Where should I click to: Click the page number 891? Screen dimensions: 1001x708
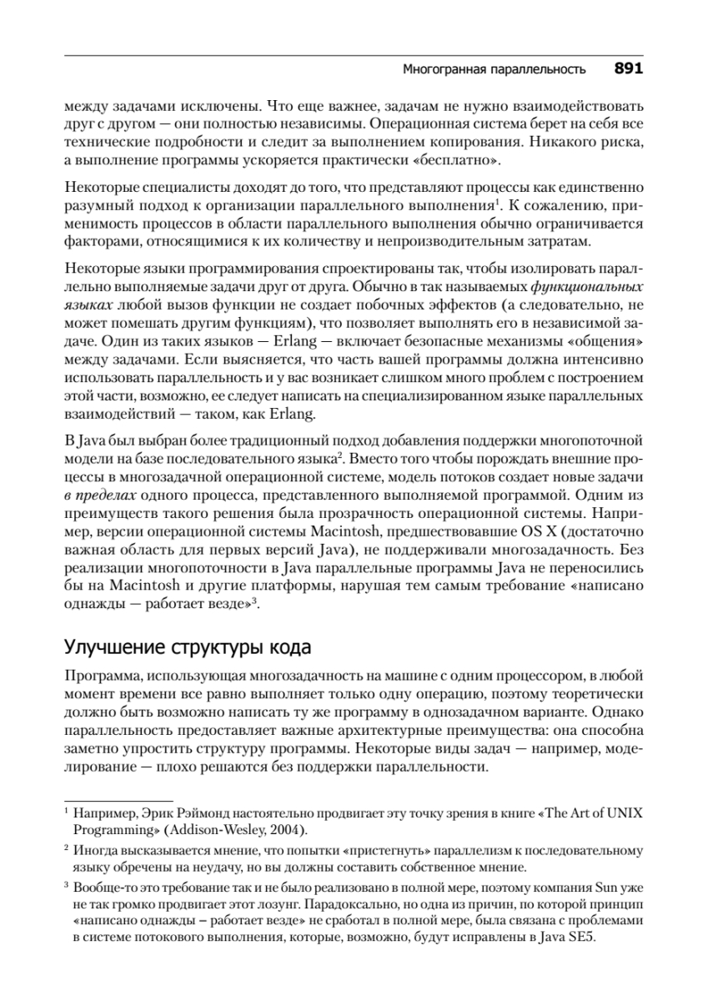[x=628, y=69]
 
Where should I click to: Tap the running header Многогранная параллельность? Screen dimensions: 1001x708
[x=494, y=70]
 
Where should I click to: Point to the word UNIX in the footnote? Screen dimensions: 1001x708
[x=625, y=812]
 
